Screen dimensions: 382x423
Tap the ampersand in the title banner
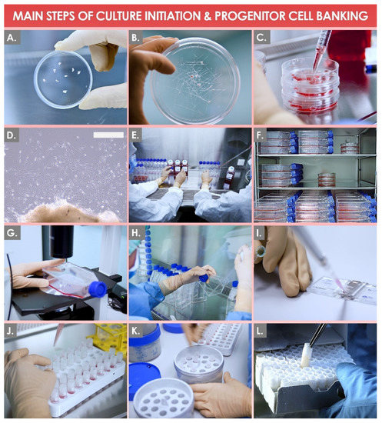click(208, 16)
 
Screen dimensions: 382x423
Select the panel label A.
click(12, 38)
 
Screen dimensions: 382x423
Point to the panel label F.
click(260, 135)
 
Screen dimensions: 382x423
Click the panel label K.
click(135, 331)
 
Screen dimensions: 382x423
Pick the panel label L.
click(260, 331)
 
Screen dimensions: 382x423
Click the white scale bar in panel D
click(108, 135)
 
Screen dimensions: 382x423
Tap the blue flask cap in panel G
click(98, 289)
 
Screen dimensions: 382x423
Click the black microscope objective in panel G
click(62, 241)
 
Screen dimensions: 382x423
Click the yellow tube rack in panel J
click(109, 338)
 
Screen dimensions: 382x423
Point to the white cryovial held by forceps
click(306, 355)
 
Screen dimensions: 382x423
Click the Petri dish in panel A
click(63, 79)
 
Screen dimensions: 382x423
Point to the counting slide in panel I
click(342, 290)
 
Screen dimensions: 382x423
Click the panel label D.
click(12, 135)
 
